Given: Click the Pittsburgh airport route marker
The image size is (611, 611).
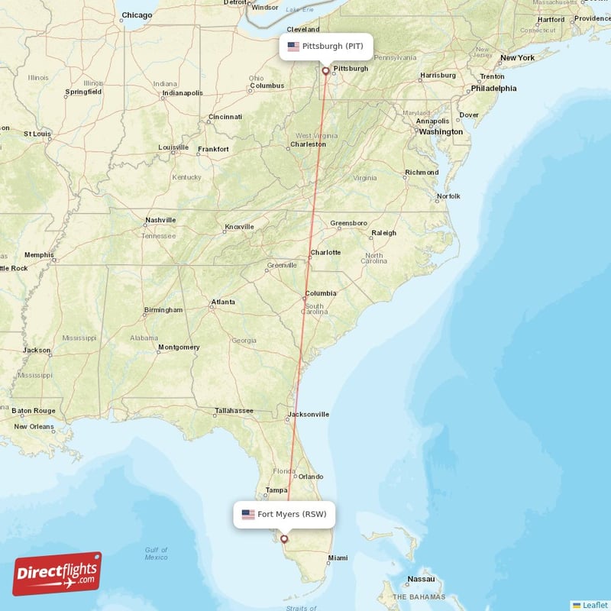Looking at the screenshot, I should tap(326, 71).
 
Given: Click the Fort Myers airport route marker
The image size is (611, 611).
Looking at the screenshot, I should tap(284, 538).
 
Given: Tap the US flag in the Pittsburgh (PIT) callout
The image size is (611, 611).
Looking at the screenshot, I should tap(293, 47).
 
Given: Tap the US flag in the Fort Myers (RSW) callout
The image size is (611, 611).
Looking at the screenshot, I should tap(248, 514).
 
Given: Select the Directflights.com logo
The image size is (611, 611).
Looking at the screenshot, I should tap(57, 574).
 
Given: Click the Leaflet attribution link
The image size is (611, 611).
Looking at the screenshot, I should tap(595, 605).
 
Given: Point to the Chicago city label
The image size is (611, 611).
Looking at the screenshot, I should tap(137, 15).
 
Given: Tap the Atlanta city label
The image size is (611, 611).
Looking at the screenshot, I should tap(223, 302).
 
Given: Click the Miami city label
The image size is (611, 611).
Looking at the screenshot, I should tap(337, 558).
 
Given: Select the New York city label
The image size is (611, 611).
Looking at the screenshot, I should tap(517, 58).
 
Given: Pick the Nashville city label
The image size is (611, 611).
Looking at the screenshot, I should tap(160, 220).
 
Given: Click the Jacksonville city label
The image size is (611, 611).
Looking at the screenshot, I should tap(308, 415).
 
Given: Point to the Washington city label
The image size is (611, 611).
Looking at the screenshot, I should tap(441, 131).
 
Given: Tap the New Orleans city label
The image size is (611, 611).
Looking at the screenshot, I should tap(34, 426).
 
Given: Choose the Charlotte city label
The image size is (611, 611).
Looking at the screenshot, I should tap(325, 253).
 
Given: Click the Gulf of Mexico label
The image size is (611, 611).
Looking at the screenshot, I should tap(156, 554).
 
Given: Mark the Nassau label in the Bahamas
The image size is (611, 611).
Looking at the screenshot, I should tap(421, 579).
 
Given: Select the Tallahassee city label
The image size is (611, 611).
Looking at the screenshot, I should tap(234, 410).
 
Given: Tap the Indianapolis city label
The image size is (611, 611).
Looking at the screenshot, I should tap(182, 93).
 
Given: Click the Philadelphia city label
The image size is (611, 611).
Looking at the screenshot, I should tap(493, 88).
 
